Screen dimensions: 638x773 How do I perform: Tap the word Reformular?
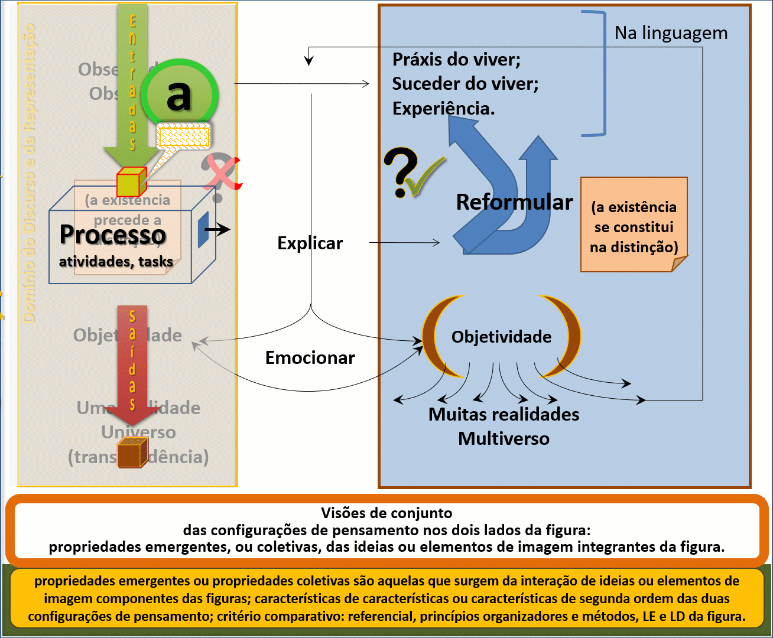click(x=514, y=202)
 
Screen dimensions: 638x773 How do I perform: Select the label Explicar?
click(x=310, y=243)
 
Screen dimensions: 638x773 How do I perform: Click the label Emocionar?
click(x=310, y=358)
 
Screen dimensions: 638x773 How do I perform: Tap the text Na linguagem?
click(x=671, y=33)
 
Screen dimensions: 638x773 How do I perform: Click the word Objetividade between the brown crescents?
click(x=501, y=337)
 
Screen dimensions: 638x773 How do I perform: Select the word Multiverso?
click(x=504, y=439)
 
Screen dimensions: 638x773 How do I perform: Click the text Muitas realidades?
click(x=504, y=414)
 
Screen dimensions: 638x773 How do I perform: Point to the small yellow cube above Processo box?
click(x=131, y=182)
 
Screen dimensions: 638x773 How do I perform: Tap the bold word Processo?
click(x=112, y=235)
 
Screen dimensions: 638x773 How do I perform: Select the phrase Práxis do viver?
click(x=456, y=60)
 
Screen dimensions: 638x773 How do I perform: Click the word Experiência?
click(x=443, y=109)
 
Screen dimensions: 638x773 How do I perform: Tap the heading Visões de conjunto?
click(x=386, y=513)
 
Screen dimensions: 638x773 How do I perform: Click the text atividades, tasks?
click(x=116, y=262)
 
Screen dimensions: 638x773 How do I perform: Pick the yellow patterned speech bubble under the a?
click(x=183, y=136)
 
